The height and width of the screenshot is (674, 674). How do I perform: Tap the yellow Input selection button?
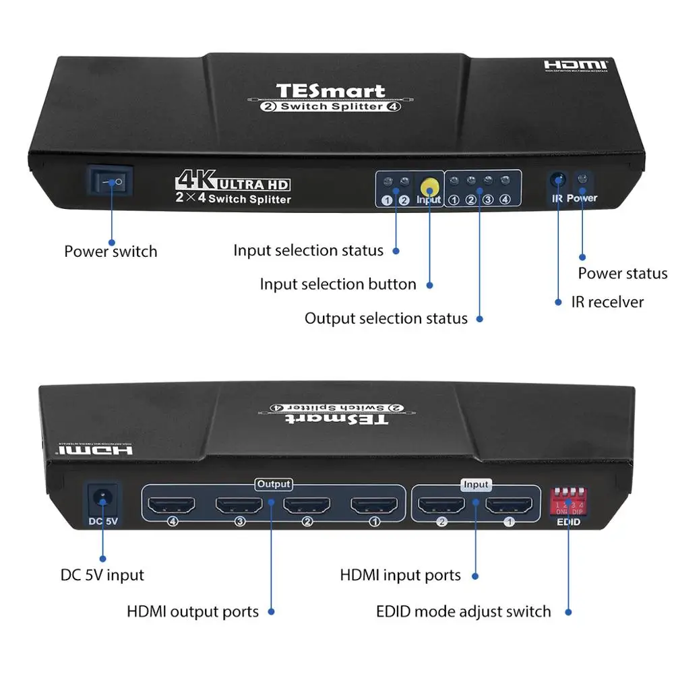tap(429, 187)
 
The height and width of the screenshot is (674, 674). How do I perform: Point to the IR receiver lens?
tap(557, 181)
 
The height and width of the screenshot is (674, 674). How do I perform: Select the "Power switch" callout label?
tap(111, 251)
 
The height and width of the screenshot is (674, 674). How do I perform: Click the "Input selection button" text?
tap(338, 284)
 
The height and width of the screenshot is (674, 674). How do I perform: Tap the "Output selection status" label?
tap(386, 318)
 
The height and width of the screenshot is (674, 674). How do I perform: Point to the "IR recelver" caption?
tap(607, 302)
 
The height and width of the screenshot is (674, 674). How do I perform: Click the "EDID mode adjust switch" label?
tap(463, 612)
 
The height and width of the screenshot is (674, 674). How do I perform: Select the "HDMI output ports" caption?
tap(193, 612)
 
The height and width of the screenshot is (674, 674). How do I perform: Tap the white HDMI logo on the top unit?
tap(576, 66)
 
